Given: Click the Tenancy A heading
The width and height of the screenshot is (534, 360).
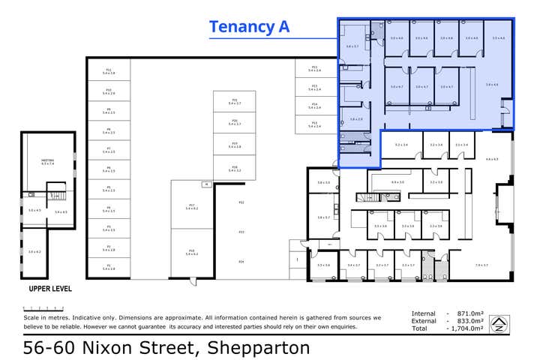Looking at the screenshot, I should tap(249, 27).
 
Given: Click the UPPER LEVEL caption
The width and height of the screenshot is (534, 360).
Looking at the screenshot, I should tap(50, 288).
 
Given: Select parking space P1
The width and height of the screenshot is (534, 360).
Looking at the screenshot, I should tap(109, 266).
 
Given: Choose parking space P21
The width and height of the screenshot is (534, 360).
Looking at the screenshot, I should tap(234, 101).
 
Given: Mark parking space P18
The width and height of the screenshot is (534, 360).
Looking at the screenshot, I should tap(234, 169).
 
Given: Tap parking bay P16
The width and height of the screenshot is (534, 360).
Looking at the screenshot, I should tap(192, 253).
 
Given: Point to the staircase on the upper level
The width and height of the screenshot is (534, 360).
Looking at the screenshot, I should tap(58, 194).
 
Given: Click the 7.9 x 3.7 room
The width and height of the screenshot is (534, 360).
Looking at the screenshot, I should tap(481, 265).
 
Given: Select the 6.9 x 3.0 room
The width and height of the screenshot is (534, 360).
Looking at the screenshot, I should tap(397, 182).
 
